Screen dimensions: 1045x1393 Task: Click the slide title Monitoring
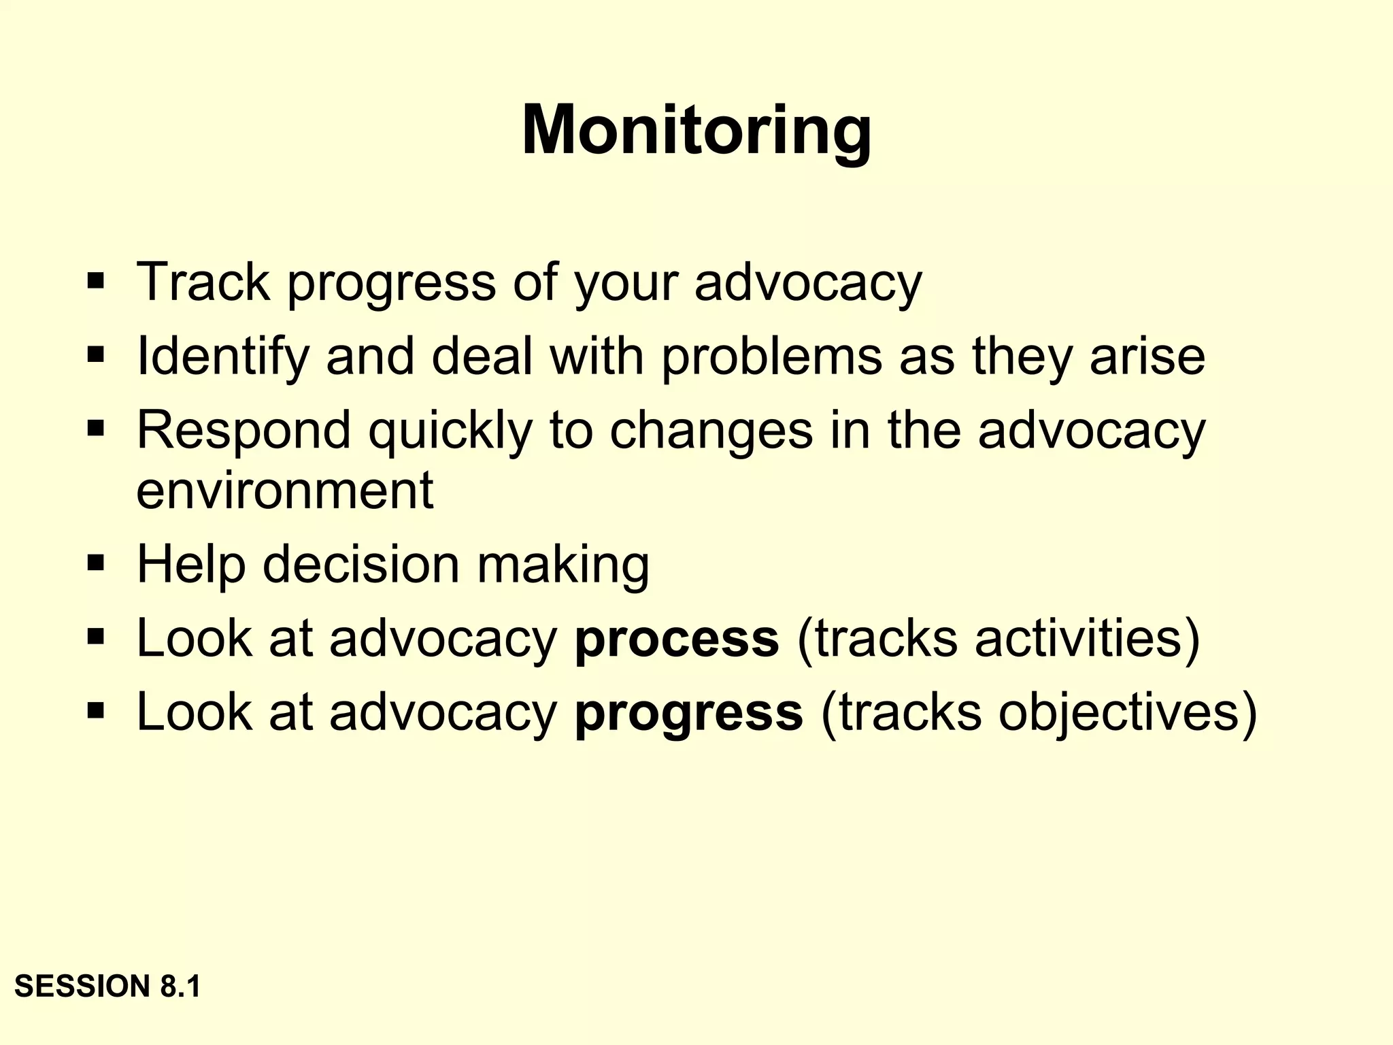696,131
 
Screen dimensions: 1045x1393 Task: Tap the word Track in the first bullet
203,282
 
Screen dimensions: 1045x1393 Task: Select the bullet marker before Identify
95,354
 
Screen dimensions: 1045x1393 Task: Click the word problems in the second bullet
771,356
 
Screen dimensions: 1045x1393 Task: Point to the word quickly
450,431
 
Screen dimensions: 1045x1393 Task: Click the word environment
284,490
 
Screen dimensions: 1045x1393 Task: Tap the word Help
190,565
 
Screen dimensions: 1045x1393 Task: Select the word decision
361,565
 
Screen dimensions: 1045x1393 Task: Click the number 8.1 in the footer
180,986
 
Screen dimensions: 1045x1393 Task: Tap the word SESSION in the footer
82,986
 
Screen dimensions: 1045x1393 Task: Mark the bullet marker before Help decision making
95,563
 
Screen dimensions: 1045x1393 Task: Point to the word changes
711,431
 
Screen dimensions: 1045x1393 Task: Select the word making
563,565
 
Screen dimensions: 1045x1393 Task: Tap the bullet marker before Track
95,280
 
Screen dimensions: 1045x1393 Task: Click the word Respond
244,431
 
